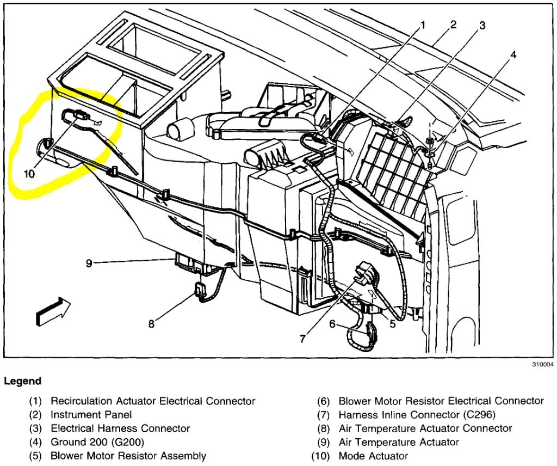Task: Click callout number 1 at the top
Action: coord(423,25)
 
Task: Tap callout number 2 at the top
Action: coord(453,24)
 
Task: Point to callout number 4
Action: coord(513,54)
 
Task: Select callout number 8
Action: coord(151,324)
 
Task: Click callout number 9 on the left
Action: coord(89,263)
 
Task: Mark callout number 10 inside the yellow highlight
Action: coord(29,174)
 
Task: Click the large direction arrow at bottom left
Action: coord(53,311)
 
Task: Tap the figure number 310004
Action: coord(540,364)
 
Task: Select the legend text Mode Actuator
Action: coord(373,456)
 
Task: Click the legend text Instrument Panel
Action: coord(91,414)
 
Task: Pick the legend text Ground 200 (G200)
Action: coord(97,442)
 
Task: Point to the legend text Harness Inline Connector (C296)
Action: coord(417,414)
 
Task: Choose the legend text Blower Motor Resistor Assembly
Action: coord(128,456)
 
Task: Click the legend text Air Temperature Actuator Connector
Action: coord(425,428)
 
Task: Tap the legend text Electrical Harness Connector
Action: coord(120,428)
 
